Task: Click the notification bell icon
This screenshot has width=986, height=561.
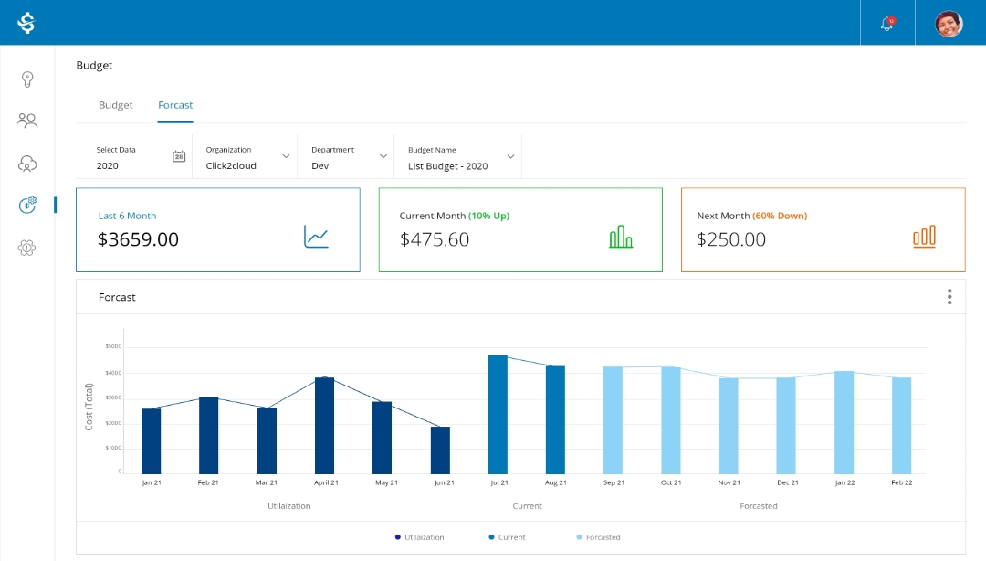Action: point(886,24)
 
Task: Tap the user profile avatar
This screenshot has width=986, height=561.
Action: point(949,24)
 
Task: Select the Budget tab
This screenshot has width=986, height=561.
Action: point(116,105)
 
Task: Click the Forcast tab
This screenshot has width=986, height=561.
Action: point(175,105)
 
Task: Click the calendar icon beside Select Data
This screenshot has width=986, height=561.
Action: point(179,156)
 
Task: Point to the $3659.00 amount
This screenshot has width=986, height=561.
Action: point(138,239)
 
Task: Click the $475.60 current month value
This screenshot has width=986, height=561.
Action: point(435,239)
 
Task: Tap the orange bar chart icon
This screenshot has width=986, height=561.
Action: point(924,237)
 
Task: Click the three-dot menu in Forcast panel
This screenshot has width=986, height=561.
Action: point(949,297)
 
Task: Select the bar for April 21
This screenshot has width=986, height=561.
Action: point(324,425)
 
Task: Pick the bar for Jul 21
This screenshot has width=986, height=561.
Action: point(498,414)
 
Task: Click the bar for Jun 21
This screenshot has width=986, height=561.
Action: point(440,450)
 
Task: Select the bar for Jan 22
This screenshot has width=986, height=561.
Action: point(844,421)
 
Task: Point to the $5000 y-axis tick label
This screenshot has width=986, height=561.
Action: point(113,346)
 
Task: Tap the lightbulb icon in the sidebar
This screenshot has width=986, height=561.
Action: point(27,79)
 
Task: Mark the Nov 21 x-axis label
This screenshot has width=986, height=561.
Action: point(729,482)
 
